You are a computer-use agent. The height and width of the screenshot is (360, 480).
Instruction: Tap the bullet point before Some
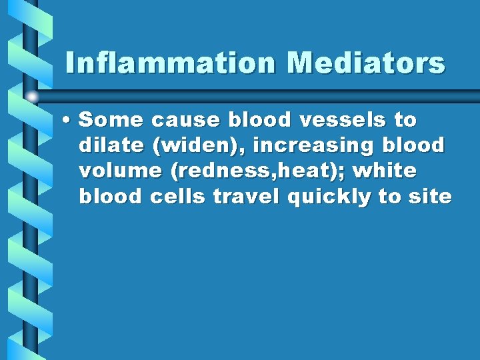coord(67,121)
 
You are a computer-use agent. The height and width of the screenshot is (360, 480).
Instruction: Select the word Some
coord(111,121)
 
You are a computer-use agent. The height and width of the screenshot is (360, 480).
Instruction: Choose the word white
coord(385,171)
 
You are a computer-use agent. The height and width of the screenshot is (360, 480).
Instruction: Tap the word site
coord(431,197)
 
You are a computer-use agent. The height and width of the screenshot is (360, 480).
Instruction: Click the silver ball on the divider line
coord(32,97)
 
